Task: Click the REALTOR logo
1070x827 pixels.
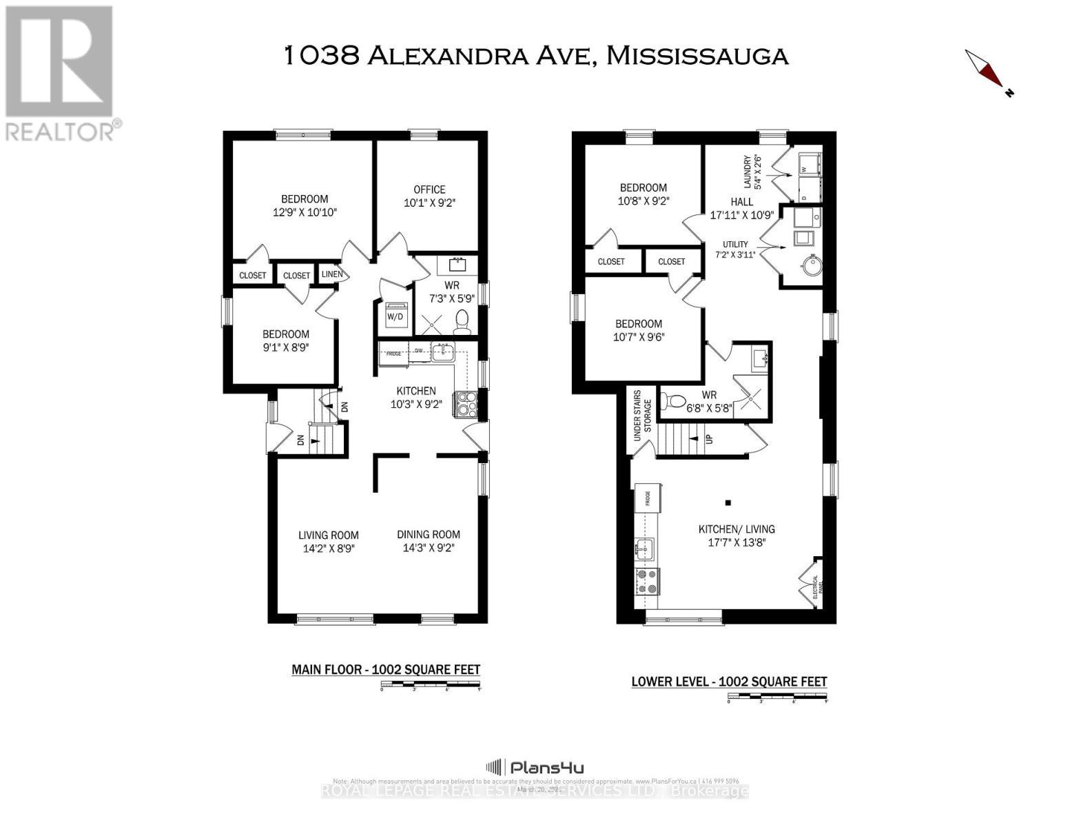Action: pyautogui.click(x=61, y=72)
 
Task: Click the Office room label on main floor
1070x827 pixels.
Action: pyautogui.click(x=429, y=190)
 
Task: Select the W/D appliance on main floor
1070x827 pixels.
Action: pyautogui.click(x=395, y=316)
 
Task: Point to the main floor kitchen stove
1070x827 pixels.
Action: pyautogui.click(x=464, y=405)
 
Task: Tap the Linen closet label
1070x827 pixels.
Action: pyautogui.click(x=332, y=274)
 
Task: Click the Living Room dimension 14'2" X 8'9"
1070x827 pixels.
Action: pyautogui.click(x=329, y=549)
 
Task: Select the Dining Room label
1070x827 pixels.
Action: pyautogui.click(x=429, y=534)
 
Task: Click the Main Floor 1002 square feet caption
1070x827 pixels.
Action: pyautogui.click(x=386, y=669)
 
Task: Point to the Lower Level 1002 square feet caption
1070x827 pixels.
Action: pyautogui.click(x=729, y=682)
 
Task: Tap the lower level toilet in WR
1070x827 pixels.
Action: pyautogui.click(x=675, y=400)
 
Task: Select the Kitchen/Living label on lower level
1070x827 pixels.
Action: pyautogui.click(x=737, y=529)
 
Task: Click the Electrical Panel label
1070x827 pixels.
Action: pyautogui.click(x=815, y=585)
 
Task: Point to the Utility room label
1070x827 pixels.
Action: pyautogui.click(x=735, y=245)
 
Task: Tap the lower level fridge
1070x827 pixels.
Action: pyautogui.click(x=648, y=498)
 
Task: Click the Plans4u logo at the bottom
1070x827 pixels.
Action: pyautogui.click(x=535, y=767)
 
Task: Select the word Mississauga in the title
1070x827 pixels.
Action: pyautogui.click(x=697, y=55)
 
